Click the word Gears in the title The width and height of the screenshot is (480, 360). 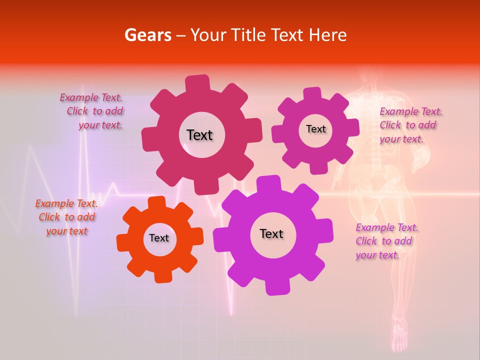tap(147, 35)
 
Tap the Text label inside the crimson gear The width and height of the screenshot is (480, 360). tap(199, 135)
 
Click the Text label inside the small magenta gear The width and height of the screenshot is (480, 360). tap(315, 129)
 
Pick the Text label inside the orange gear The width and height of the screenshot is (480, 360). tap(159, 238)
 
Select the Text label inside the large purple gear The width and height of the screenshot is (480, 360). tap(271, 233)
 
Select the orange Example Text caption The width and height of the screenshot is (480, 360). tap(66, 217)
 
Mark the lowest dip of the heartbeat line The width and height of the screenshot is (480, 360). tap(231, 312)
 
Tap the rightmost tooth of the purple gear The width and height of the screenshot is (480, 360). tap(326, 231)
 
